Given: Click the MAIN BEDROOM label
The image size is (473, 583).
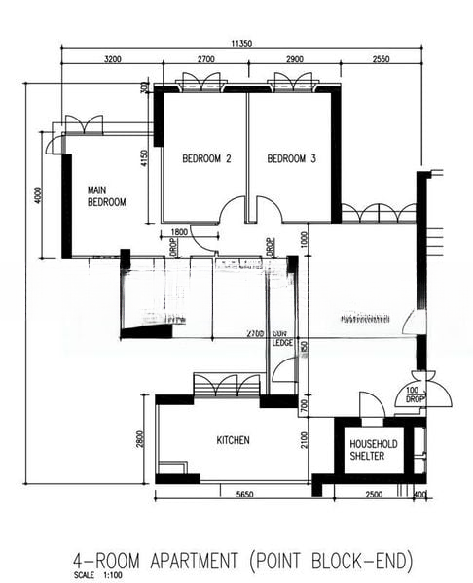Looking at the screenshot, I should pyautogui.click(x=107, y=196).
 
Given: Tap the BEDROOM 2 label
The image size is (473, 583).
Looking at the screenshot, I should pyautogui.click(x=206, y=159).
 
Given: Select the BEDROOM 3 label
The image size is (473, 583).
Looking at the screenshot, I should pyautogui.click(x=292, y=159).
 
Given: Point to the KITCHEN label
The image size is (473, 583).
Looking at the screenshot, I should pyautogui.click(x=233, y=440).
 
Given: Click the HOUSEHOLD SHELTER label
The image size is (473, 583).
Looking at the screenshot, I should pyautogui.click(x=374, y=450).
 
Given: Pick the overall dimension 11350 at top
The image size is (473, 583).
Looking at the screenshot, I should pyautogui.click(x=243, y=43).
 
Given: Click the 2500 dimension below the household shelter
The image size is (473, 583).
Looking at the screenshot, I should pyautogui.click(x=374, y=495).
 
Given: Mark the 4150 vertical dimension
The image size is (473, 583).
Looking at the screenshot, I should pyautogui.click(x=144, y=158).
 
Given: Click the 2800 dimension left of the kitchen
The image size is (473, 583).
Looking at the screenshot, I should pyautogui.click(x=142, y=440).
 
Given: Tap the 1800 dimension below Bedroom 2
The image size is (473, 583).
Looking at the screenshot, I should pyautogui.click(x=179, y=232).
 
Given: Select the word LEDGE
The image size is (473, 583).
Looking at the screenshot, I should pyautogui.click(x=282, y=342).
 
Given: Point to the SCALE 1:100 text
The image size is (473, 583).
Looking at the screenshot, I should pyautogui.click(x=96, y=574).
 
